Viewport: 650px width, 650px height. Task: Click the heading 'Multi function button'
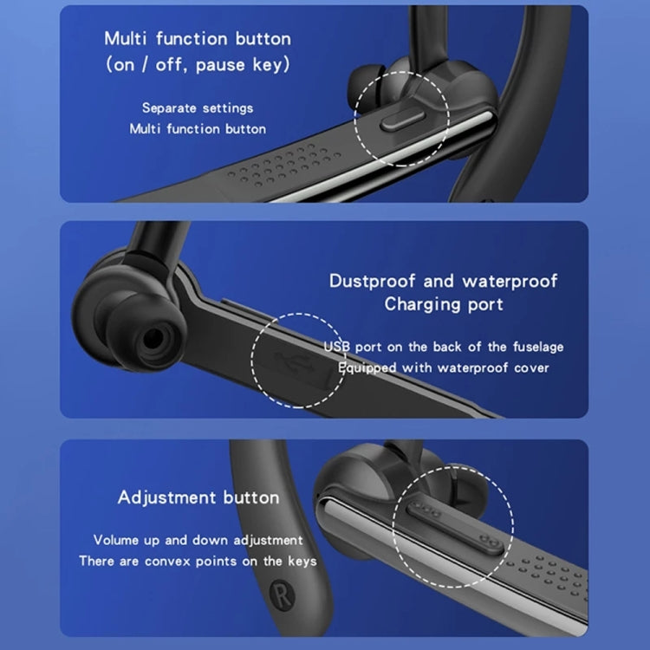[x=198, y=39]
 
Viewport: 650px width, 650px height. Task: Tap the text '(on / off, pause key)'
[x=198, y=65]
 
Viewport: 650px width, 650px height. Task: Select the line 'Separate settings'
[x=198, y=108]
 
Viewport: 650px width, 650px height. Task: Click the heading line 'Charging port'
[x=444, y=304]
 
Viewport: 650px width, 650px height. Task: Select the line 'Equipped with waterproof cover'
[x=444, y=367]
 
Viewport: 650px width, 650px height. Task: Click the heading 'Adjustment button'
[x=198, y=497]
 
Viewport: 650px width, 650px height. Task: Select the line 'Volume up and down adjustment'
[x=198, y=540]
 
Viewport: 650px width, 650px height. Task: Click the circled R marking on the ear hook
[x=277, y=585]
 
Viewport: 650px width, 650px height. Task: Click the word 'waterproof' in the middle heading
[x=510, y=281]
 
